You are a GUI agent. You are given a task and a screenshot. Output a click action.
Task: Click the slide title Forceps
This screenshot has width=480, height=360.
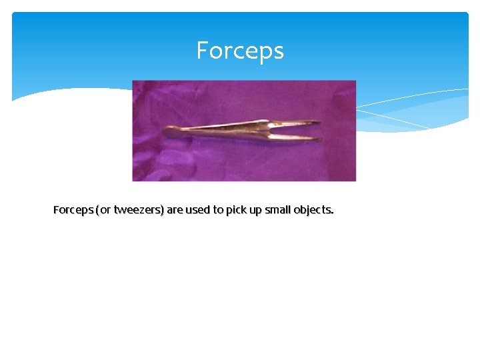tap(240, 51)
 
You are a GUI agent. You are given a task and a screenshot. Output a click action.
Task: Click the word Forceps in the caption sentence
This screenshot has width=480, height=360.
tap(73, 210)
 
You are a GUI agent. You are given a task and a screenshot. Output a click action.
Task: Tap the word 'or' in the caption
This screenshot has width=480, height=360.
tap(105, 210)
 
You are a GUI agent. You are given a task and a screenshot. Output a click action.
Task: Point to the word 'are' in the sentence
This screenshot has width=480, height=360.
tap(174, 210)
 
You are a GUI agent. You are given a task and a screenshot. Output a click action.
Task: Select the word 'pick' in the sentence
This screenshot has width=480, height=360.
tap(236, 210)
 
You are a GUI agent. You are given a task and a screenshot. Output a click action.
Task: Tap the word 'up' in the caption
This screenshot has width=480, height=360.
tap(256, 210)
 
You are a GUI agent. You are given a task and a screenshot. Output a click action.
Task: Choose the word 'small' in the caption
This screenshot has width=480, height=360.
tap(279, 210)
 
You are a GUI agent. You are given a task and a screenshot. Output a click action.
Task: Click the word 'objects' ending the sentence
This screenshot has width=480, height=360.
tap(313, 210)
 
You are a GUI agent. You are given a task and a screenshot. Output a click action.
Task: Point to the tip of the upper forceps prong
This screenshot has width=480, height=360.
tap(318, 121)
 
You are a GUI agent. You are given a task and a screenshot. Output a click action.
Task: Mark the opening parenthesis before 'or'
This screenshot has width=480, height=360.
tap(98, 210)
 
